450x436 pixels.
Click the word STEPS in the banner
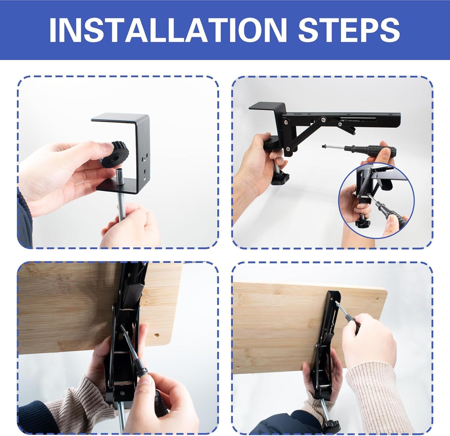click(349, 30)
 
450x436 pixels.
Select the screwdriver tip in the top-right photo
click(323, 146)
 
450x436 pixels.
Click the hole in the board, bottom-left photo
click(157, 335)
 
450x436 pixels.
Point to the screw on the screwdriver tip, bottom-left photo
click(122, 329)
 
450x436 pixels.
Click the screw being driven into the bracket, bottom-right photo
click(336, 303)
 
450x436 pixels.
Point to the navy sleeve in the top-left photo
click(24, 218)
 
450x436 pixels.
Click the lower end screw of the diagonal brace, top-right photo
click(288, 149)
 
